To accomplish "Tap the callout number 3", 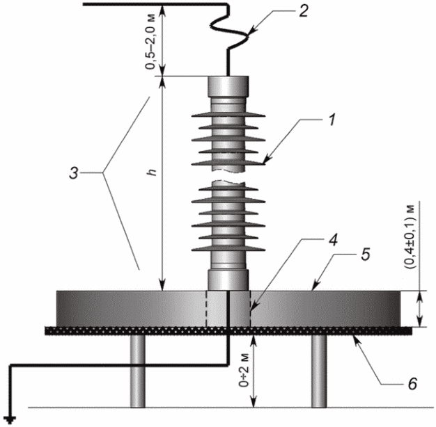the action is tap(74, 173).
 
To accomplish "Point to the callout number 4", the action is tap(333, 240).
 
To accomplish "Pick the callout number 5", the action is tap(366, 255).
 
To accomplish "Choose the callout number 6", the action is tap(412, 383).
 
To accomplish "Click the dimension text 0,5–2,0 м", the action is tap(150, 40).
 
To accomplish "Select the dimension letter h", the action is tap(152, 172).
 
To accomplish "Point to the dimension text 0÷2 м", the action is tap(244, 369).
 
